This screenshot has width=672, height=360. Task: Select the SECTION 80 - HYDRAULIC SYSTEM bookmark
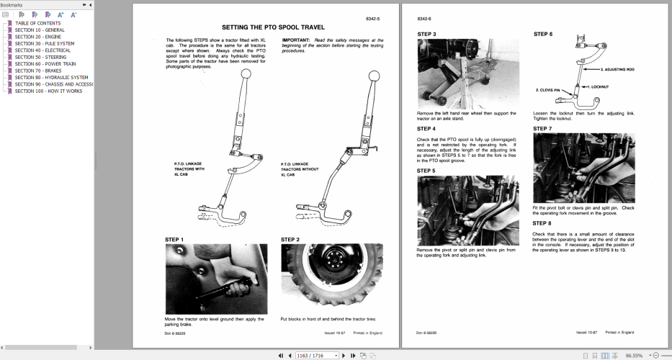coord(51,78)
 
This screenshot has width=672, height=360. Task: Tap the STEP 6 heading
coord(543,34)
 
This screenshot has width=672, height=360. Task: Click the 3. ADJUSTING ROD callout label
coord(619,70)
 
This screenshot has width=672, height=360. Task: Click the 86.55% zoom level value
coord(635,355)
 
